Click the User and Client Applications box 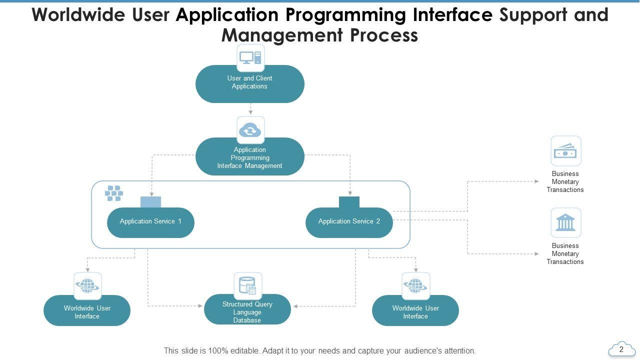249,83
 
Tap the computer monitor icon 250,58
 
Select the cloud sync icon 250,130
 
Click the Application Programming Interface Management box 249,157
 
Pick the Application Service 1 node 150,222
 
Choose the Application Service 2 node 349,222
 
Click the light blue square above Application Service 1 150,202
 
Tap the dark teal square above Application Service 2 349,202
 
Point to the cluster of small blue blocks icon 114,193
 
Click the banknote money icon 565,150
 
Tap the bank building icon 565,222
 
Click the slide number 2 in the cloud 621,349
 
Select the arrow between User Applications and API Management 250,109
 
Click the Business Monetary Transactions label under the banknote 565,182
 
